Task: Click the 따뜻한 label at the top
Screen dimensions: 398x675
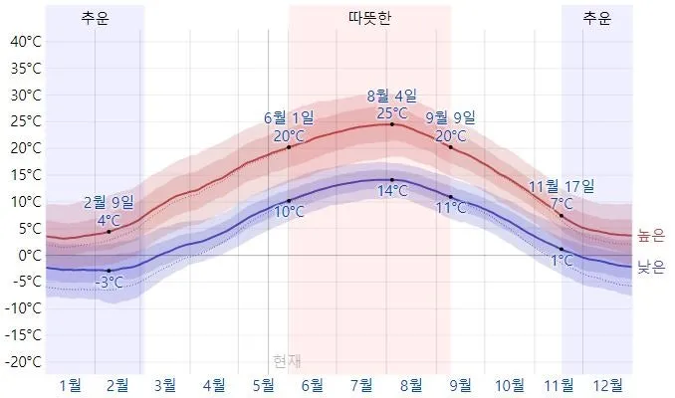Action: [x=369, y=18]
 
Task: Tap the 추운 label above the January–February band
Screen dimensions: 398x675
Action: [x=96, y=18]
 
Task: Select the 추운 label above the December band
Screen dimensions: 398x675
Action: [x=596, y=18]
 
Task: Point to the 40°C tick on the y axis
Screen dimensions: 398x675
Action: [x=24, y=42]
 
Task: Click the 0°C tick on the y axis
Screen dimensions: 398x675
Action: [x=28, y=255]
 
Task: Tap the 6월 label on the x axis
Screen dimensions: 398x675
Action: [x=312, y=385]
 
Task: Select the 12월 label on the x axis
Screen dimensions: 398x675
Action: [x=607, y=385]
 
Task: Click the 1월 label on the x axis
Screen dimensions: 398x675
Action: [x=71, y=385]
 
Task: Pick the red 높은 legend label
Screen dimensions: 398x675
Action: [x=649, y=236]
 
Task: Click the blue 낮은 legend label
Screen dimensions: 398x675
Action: [x=649, y=266]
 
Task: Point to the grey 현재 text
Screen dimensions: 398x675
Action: [x=287, y=360]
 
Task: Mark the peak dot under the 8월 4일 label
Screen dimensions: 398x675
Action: [x=391, y=124]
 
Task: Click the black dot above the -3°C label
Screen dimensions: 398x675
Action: [x=109, y=271]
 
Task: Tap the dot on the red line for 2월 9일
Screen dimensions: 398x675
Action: [x=109, y=232]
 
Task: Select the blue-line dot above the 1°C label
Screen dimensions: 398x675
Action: [x=562, y=249]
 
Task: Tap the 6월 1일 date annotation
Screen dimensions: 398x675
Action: [x=289, y=118]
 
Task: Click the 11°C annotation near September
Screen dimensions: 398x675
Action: [x=451, y=208]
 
